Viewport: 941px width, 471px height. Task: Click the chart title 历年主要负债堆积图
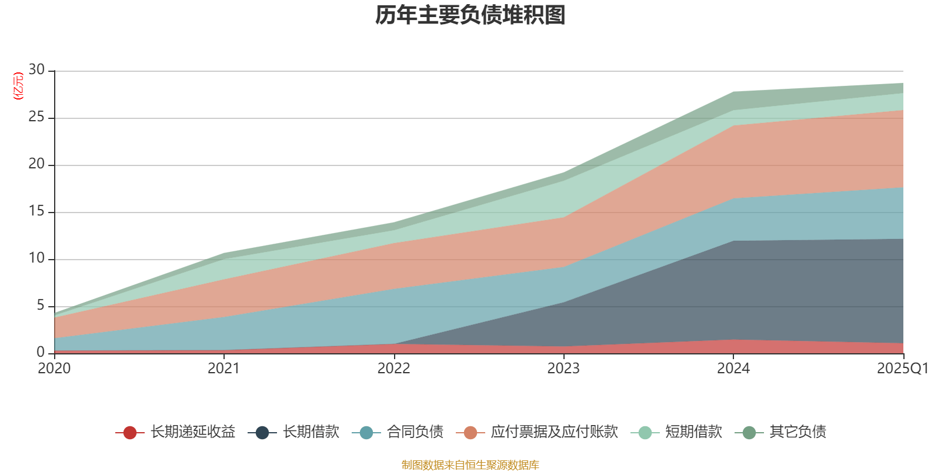point(470,16)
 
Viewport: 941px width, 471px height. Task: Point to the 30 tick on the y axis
point(36,70)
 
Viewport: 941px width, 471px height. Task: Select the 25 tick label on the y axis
point(36,117)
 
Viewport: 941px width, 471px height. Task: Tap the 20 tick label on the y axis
point(36,164)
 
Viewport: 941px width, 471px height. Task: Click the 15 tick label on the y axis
point(36,211)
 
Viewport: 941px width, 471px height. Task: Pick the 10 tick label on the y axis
point(36,258)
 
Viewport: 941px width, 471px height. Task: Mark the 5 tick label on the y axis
point(40,306)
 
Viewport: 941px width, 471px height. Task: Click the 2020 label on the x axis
point(54,369)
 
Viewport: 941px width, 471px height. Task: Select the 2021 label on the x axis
point(224,369)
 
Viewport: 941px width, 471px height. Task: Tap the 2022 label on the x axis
point(393,369)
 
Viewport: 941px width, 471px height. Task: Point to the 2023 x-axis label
point(563,369)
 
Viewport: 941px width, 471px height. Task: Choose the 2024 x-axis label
point(733,369)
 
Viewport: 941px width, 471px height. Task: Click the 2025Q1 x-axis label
point(902,369)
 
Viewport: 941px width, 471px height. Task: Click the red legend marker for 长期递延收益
point(130,433)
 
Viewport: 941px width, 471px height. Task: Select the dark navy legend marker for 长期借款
point(262,433)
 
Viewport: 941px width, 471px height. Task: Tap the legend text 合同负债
point(415,432)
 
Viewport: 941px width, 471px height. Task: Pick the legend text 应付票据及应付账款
point(554,432)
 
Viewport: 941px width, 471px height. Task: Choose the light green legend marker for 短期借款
point(645,433)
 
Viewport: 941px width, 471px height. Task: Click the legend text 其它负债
point(797,432)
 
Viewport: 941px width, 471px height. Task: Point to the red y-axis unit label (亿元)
point(18,86)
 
